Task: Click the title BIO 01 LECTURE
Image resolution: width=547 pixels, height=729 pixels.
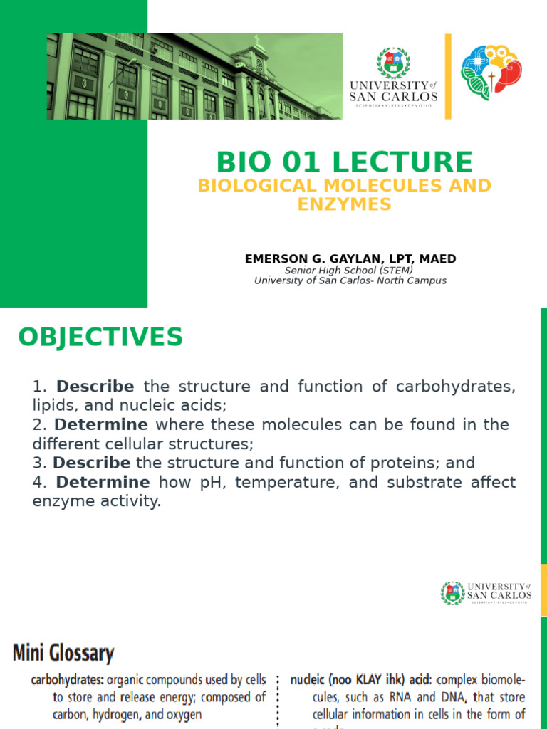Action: (344, 162)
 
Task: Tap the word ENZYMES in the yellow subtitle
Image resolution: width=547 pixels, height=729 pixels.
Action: (345, 204)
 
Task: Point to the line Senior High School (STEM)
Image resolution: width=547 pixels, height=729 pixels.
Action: (349, 271)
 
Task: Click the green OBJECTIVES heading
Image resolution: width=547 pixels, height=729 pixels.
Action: (100, 337)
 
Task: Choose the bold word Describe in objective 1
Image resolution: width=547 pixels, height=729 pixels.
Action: (95, 387)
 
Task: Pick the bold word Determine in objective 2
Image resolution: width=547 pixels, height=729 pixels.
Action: (101, 425)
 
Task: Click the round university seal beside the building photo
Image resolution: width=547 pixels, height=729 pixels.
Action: (393, 63)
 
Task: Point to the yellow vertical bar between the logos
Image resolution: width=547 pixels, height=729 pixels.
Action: (448, 76)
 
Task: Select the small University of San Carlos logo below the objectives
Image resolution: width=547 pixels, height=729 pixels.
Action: (486, 592)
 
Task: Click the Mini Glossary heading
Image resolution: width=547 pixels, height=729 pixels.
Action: (63, 653)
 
